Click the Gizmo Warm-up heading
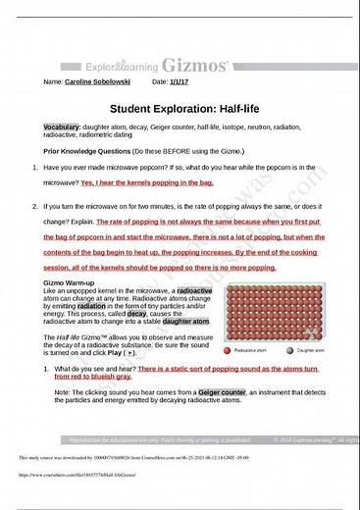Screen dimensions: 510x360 [x=72, y=283]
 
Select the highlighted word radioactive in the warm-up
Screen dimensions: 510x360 [x=193, y=291]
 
